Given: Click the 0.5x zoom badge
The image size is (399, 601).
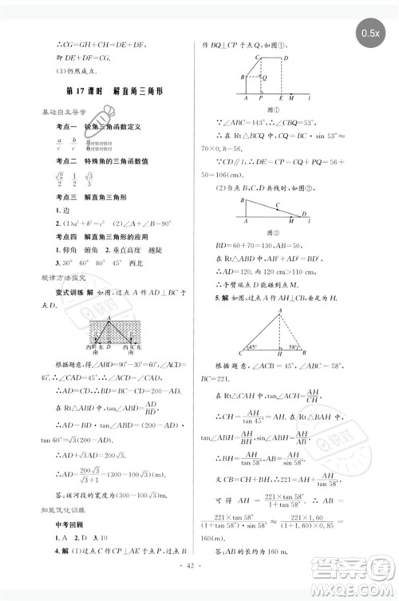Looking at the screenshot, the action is point(369,33).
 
